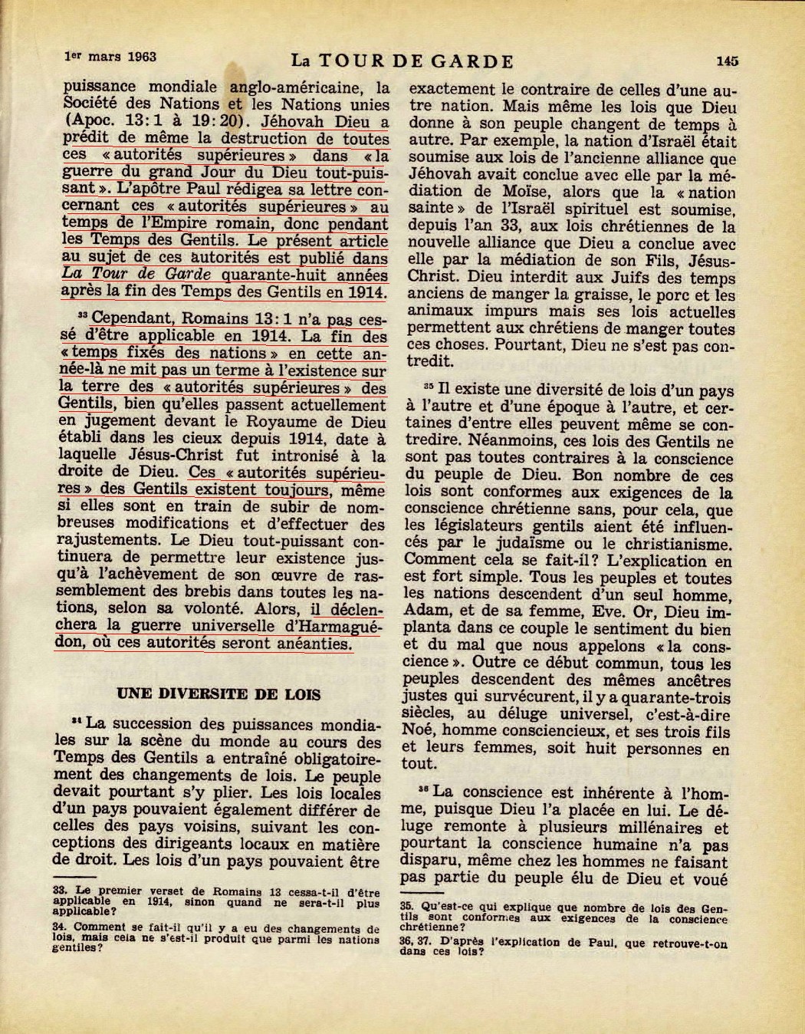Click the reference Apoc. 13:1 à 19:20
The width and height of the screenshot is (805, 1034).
158,121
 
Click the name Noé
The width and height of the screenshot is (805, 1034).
419,730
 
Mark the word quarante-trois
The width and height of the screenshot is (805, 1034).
681,696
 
